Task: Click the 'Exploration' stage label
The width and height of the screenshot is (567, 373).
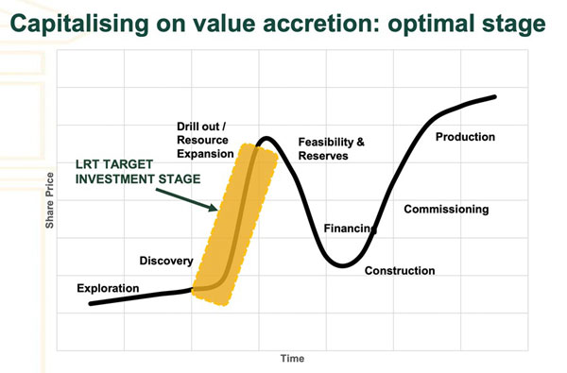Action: [108, 287]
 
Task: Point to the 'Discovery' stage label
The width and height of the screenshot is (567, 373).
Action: [166, 261]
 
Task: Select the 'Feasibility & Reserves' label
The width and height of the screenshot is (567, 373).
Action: [331, 148]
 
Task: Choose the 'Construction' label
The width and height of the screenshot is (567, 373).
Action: [400, 271]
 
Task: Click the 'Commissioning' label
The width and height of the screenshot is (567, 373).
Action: [446, 209]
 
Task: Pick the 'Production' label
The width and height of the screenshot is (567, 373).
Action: [465, 137]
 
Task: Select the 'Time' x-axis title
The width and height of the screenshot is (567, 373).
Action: [291, 359]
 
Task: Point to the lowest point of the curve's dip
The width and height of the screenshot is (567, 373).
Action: [344, 266]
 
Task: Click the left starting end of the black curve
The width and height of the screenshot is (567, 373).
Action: [91, 303]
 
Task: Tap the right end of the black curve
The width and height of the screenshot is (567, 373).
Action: [496, 96]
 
